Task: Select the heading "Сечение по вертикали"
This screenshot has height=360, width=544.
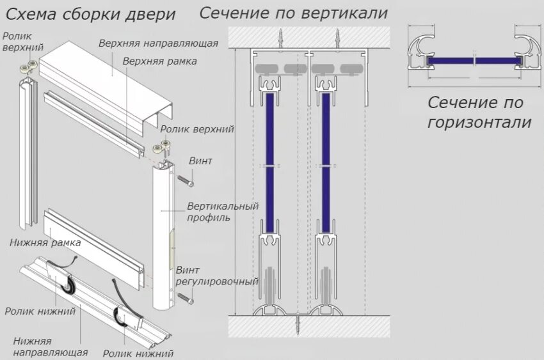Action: click(x=294, y=12)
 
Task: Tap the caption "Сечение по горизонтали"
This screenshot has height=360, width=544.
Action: click(x=479, y=112)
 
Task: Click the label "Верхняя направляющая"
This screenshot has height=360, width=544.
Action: click(x=159, y=43)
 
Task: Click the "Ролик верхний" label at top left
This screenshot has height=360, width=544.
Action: click(x=17, y=42)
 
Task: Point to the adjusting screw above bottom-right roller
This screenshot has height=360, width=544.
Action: click(x=186, y=296)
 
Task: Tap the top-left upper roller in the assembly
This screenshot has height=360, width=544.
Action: click(x=27, y=68)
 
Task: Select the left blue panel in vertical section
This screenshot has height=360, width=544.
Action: click(x=271, y=163)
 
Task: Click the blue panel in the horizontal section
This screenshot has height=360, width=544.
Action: click(x=473, y=61)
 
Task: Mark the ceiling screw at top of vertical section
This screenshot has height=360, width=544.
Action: click(x=279, y=36)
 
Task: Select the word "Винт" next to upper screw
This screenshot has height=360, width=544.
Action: click(x=200, y=160)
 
